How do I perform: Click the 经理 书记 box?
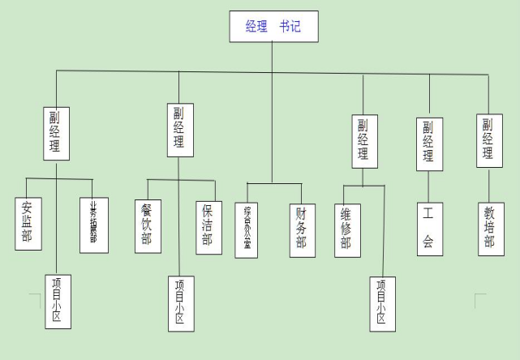click(273, 26)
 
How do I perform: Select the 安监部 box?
click(28, 223)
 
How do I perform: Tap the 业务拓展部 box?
click(94, 225)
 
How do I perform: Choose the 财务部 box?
click(302, 229)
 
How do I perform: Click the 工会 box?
click(429, 228)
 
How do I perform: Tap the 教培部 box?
click(489, 228)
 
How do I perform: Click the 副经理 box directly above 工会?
click(429, 144)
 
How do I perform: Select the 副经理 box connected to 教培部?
click(488, 140)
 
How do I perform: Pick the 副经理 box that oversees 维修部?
click(364, 140)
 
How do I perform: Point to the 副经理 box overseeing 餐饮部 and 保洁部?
click(180, 129)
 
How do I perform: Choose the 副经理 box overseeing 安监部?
click(56, 131)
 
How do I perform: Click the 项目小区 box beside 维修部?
click(382, 303)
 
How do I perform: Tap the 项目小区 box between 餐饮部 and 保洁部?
click(182, 303)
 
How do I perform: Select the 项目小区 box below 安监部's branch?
click(58, 301)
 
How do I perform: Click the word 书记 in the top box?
click(290, 26)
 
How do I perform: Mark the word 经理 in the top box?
click(256, 26)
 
